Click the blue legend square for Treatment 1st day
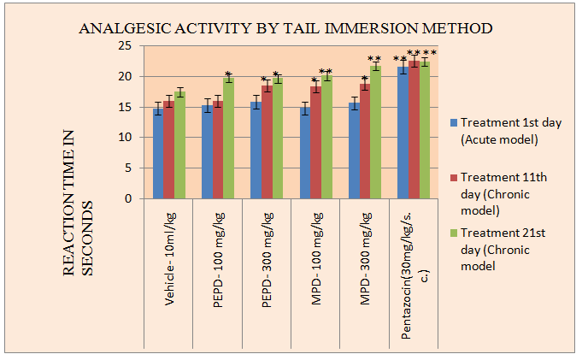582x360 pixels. (x=453, y=123)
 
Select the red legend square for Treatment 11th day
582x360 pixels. (x=453, y=177)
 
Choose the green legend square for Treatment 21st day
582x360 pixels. (x=453, y=232)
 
